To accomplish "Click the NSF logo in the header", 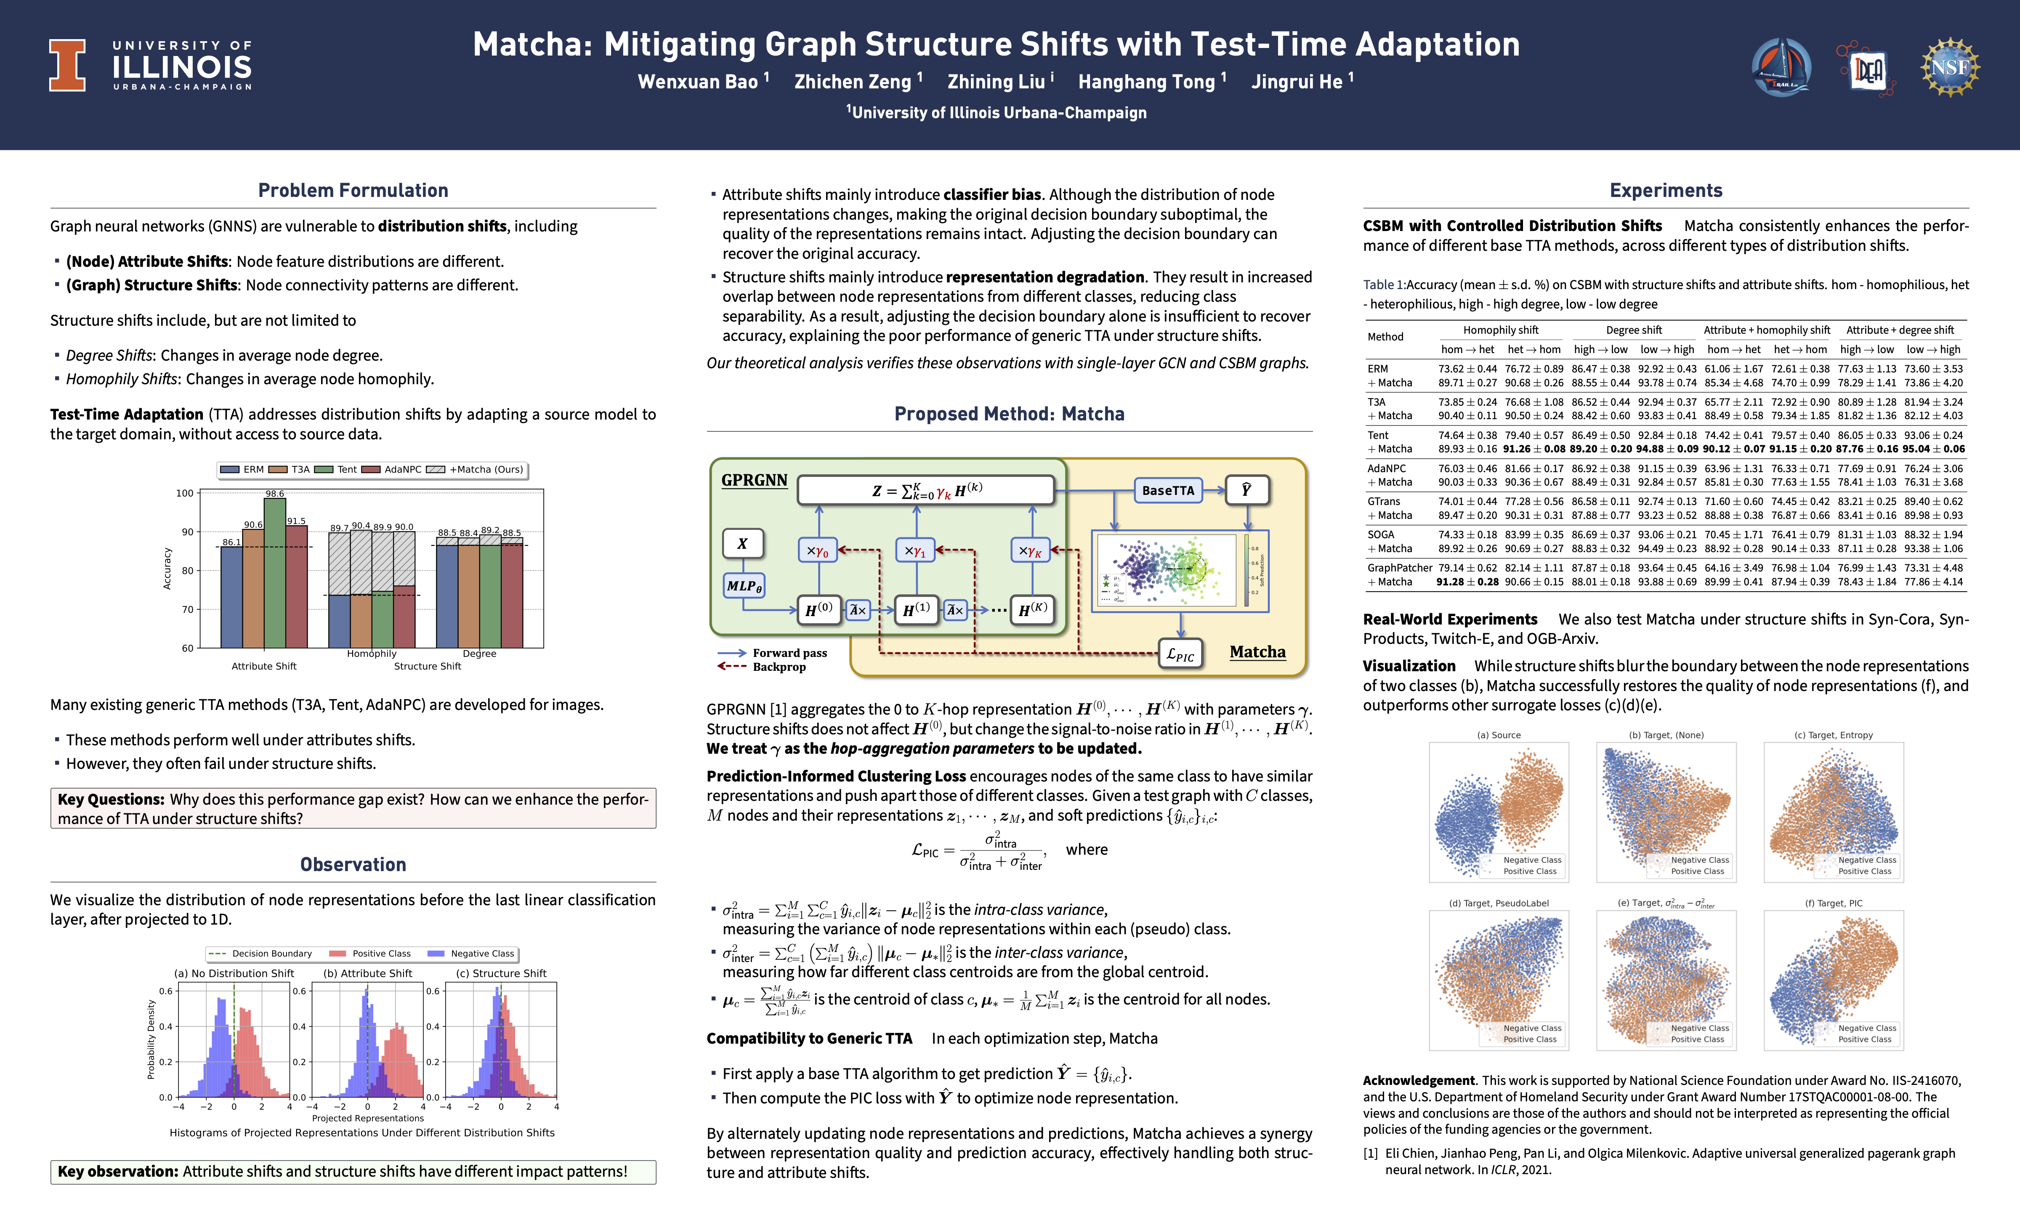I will pyautogui.click(x=1950, y=67).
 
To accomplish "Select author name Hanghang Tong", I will pyautogui.click(x=1146, y=82).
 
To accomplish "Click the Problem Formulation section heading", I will pyautogui.click(x=353, y=190).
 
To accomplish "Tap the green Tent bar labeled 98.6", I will pyautogui.click(x=274, y=571).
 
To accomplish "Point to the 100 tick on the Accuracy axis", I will pyautogui.click(x=185, y=493).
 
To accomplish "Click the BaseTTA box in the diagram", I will pyautogui.click(x=1167, y=490).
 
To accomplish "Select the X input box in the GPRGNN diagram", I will pyautogui.click(x=742, y=543).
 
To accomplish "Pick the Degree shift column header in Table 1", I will pyautogui.click(x=1633, y=330).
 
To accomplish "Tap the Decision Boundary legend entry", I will pyautogui.click(x=261, y=953).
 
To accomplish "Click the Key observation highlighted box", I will pyautogui.click(x=353, y=1171).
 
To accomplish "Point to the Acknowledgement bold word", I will pyautogui.click(x=1418, y=1081).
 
